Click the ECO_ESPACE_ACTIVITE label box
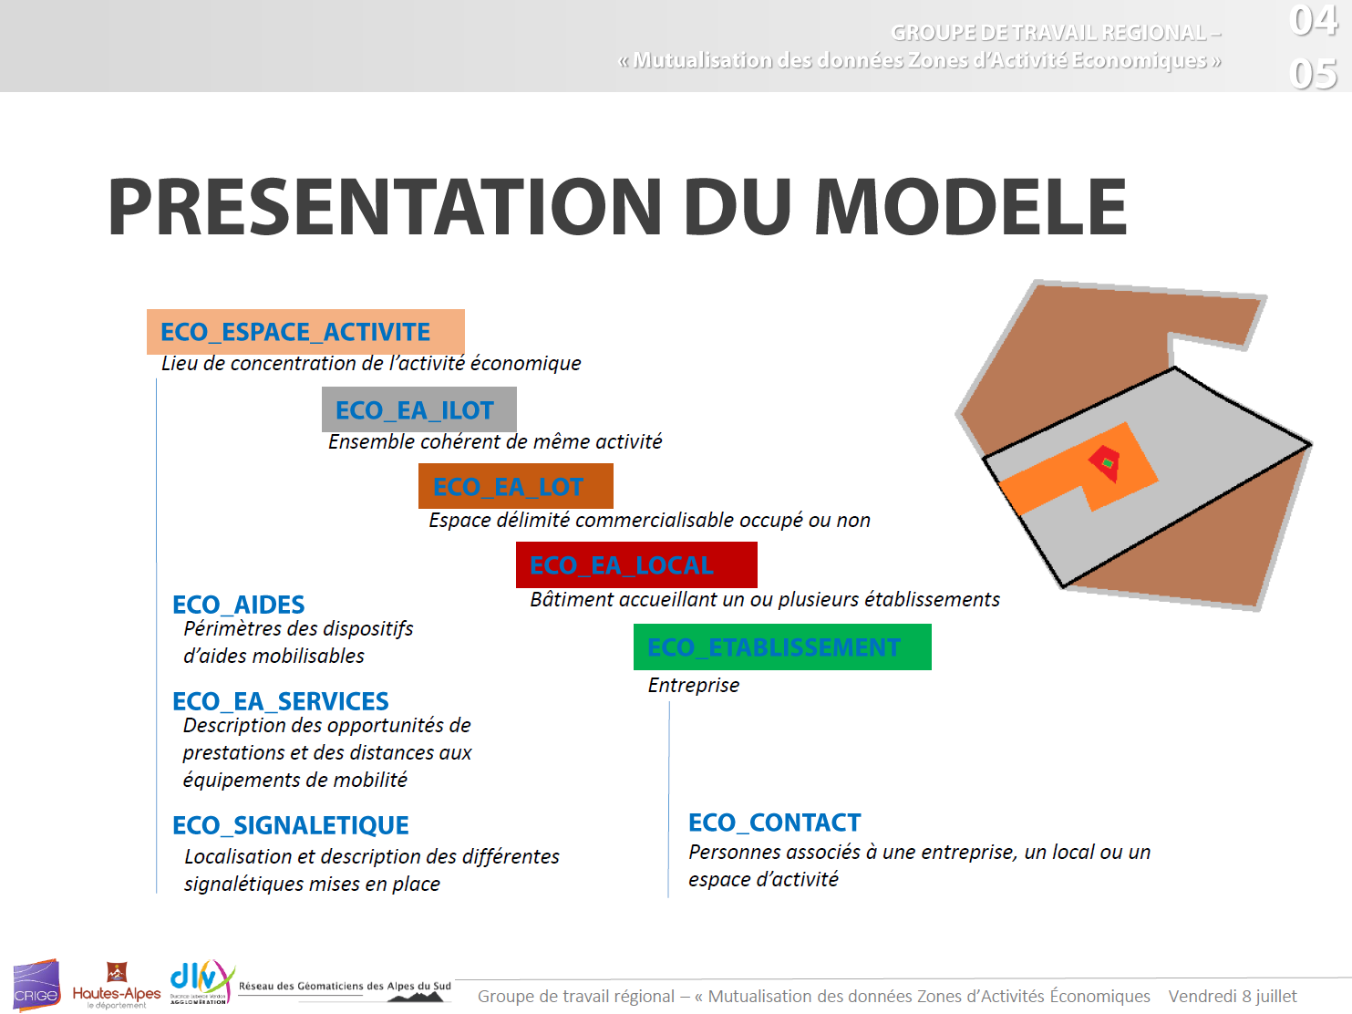pyautogui.click(x=305, y=331)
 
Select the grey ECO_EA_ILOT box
pyautogui.click(x=418, y=409)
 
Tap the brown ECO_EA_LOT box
pyautogui.click(x=515, y=486)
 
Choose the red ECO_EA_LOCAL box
pyautogui.click(x=636, y=565)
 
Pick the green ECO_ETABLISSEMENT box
pyautogui.click(x=782, y=647)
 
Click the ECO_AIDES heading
pyautogui.click(x=238, y=605)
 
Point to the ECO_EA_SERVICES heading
pyautogui.click(x=280, y=701)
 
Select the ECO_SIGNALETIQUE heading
pyautogui.click(x=290, y=825)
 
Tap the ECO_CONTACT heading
pyautogui.click(x=774, y=823)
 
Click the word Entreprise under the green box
pyautogui.click(x=694, y=685)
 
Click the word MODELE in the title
pyautogui.click(x=971, y=207)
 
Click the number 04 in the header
pyautogui.click(x=1313, y=20)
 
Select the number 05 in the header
pyautogui.click(x=1313, y=74)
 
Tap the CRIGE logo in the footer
pyautogui.click(x=37, y=985)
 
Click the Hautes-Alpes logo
pyautogui.click(x=117, y=987)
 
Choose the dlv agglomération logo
pyautogui.click(x=202, y=982)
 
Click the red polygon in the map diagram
pyautogui.click(x=1104, y=462)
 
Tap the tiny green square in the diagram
pyautogui.click(x=1108, y=462)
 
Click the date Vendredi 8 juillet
pyautogui.click(x=1233, y=996)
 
